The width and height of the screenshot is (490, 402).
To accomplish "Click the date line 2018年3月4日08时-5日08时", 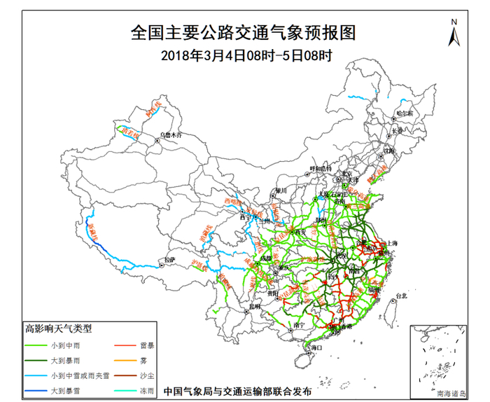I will click(x=245, y=54).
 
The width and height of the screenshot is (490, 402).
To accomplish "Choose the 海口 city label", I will click(x=316, y=347).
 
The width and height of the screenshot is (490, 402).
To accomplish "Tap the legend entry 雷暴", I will click(x=146, y=345).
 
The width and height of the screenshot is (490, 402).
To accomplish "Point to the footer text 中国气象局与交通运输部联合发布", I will click(x=237, y=392).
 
